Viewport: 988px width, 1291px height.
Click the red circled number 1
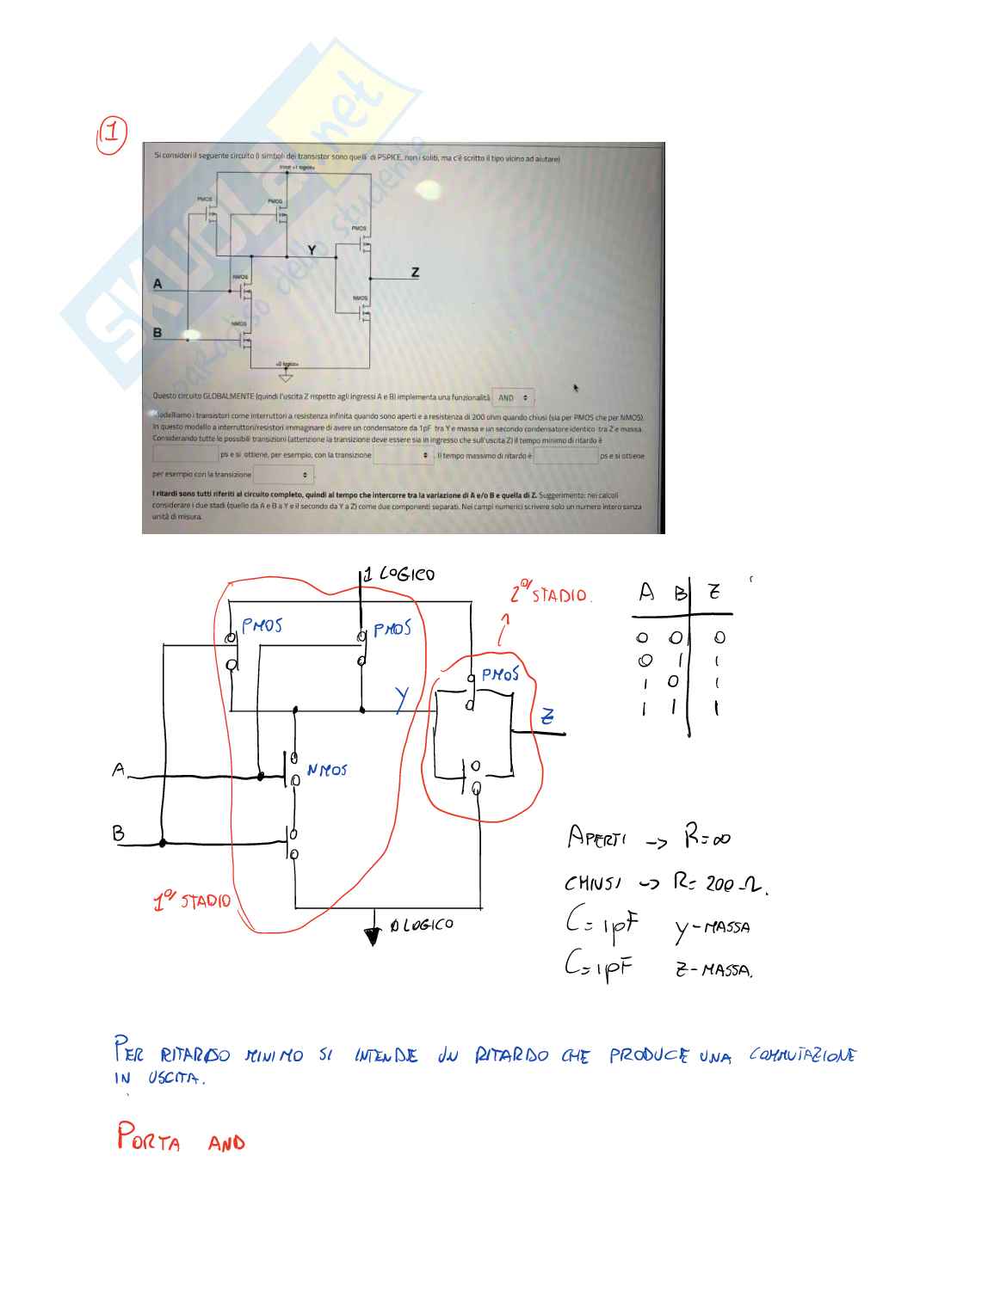click(112, 134)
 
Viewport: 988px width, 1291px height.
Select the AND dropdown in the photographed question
click(513, 398)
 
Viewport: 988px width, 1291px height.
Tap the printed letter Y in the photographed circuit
click(312, 250)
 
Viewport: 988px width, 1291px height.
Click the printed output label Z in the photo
click(415, 273)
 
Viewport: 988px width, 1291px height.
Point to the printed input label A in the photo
click(157, 284)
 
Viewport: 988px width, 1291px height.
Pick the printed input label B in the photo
click(157, 333)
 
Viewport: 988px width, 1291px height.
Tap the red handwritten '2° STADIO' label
click(550, 593)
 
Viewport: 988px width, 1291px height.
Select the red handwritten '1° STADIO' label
click(192, 901)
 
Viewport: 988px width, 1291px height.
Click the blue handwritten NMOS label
click(327, 771)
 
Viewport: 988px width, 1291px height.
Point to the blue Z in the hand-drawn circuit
click(546, 716)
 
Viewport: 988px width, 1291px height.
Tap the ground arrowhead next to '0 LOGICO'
click(372, 936)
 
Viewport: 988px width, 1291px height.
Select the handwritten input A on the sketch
click(119, 769)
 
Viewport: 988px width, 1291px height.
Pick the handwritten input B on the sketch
click(118, 833)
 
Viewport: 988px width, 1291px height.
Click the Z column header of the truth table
click(714, 592)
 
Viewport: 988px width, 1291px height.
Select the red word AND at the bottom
click(226, 1142)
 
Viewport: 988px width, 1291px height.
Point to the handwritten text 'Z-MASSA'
click(713, 970)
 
